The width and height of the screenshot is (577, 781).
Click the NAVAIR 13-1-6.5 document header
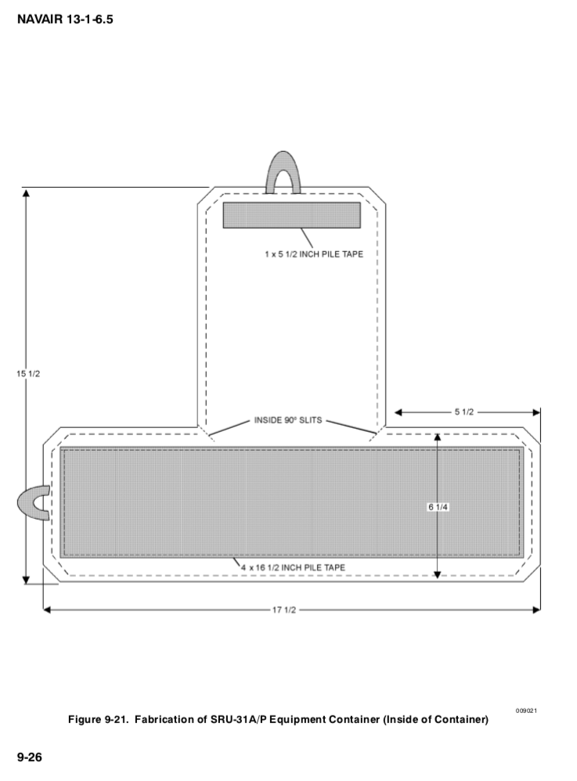(64, 17)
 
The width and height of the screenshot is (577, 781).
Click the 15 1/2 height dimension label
(27, 373)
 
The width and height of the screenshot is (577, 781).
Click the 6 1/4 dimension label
(437, 507)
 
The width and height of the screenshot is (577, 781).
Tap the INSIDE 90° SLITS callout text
(287, 420)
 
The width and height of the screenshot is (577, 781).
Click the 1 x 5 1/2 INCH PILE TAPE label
(314, 254)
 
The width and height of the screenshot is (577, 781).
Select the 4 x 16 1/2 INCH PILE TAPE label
(294, 567)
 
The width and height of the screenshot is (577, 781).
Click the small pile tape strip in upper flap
(291, 214)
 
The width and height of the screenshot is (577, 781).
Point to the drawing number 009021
(526, 710)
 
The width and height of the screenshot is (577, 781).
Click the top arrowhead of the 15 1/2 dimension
(27, 193)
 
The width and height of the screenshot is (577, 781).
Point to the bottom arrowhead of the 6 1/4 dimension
(437, 574)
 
